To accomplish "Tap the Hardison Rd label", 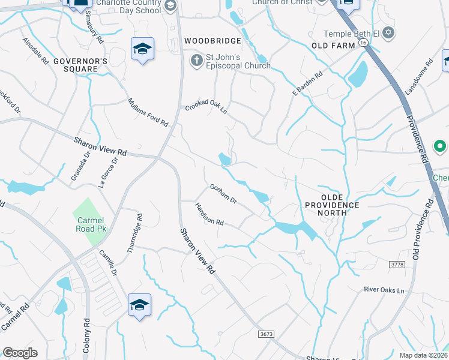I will tap(209, 214).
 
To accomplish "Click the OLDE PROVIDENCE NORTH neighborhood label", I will tap(333, 205).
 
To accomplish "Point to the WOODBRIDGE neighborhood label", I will tap(212, 41).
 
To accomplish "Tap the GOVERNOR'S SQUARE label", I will tap(80, 65).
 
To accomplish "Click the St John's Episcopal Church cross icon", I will tap(196, 61).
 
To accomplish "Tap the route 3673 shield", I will tap(266, 334).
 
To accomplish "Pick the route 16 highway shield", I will tap(364, 43).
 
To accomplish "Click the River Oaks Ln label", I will tap(384, 290).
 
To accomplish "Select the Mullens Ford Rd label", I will tap(148, 112).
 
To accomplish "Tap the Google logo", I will tap(20, 353).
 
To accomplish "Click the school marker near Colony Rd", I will tap(139, 305).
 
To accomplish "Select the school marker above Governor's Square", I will tap(143, 49).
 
